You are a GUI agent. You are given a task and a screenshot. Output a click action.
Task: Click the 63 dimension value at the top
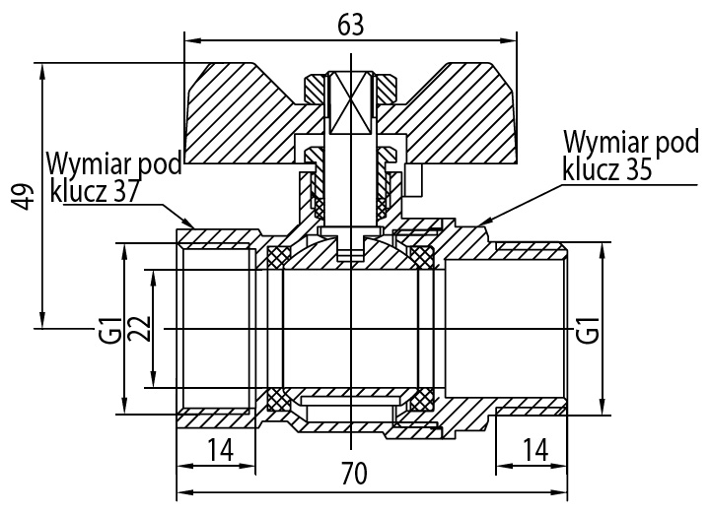pyautogui.click(x=351, y=26)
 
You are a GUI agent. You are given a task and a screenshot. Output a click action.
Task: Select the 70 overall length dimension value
pyautogui.click(x=354, y=474)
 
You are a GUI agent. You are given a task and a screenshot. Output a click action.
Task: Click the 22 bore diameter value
pyautogui.click(x=141, y=329)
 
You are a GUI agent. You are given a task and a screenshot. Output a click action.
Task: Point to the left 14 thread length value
pyautogui.click(x=221, y=449)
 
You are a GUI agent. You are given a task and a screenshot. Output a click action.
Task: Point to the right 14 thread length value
pyautogui.click(x=535, y=449)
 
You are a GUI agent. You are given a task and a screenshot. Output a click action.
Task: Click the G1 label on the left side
pyautogui.click(x=113, y=331)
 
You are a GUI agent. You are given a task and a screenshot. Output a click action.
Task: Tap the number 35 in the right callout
pyautogui.click(x=638, y=170)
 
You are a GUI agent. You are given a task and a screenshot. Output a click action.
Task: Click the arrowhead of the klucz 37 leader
pyautogui.click(x=189, y=223)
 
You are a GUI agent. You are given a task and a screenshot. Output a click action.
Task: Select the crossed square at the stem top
pyautogui.click(x=351, y=102)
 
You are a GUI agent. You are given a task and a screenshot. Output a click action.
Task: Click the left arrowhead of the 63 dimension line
pyautogui.click(x=192, y=40)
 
